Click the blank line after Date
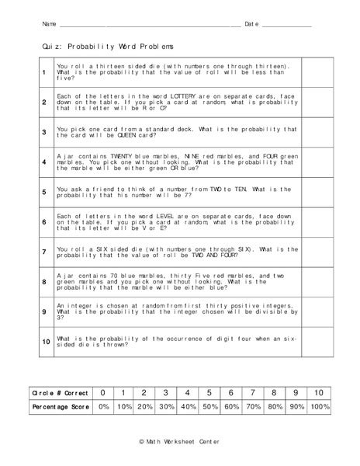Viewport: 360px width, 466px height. [x=286, y=26]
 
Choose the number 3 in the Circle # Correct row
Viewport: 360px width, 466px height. [x=165, y=392]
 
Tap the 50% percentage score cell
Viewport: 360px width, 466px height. [x=209, y=405]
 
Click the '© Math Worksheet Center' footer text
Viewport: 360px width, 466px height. [x=179, y=441]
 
